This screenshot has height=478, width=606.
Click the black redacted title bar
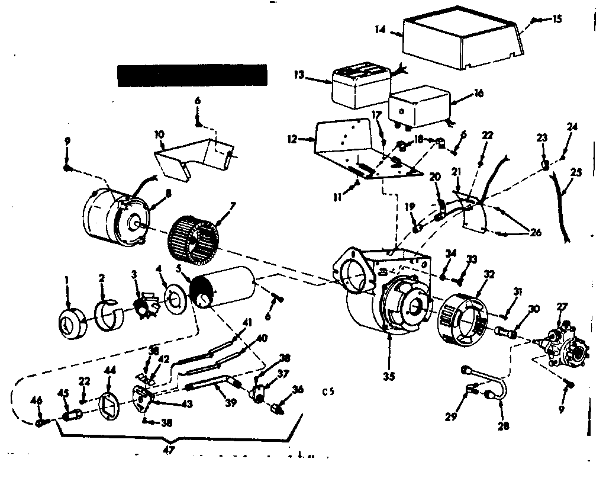coord(192,76)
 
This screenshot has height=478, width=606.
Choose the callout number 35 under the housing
coord(388,376)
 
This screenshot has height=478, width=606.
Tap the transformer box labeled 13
coord(359,86)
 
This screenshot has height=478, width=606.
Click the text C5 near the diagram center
coord(328,392)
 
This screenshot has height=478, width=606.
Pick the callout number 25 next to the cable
coord(576,173)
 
